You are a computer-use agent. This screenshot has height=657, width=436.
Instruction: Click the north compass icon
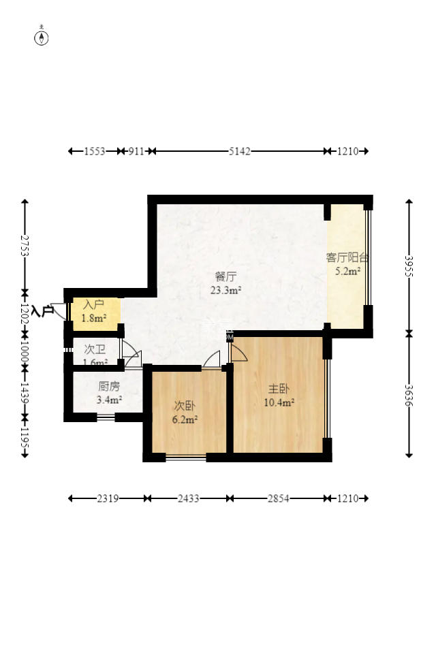click(x=42, y=37)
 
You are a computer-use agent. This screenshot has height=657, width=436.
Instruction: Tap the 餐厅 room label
click(x=225, y=277)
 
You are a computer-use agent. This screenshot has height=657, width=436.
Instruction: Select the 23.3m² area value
click(x=225, y=290)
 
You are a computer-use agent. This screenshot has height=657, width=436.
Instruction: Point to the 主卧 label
click(x=278, y=389)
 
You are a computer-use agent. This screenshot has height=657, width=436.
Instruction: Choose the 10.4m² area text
click(x=279, y=402)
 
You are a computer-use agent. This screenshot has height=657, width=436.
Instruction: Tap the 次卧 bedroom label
click(x=185, y=406)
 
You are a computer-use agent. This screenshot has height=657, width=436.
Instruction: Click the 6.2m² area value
click(x=185, y=419)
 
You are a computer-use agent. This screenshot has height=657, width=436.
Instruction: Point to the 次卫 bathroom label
click(x=95, y=349)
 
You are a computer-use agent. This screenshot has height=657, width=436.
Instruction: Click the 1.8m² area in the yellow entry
click(x=94, y=318)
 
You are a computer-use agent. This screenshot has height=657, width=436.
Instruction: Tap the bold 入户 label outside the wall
click(x=43, y=311)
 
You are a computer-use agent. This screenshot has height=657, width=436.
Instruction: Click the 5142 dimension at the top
click(x=239, y=151)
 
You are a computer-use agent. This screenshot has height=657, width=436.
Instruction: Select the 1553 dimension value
click(x=94, y=151)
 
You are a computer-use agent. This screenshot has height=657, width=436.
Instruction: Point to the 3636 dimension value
click(x=409, y=396)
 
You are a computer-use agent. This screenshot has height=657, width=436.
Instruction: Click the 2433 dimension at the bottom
click(x=188, y=498)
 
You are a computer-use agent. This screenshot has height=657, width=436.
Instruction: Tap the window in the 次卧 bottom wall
click(x=186, y=458)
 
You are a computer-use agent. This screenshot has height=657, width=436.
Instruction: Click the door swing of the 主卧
click(x=238, y=353)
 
